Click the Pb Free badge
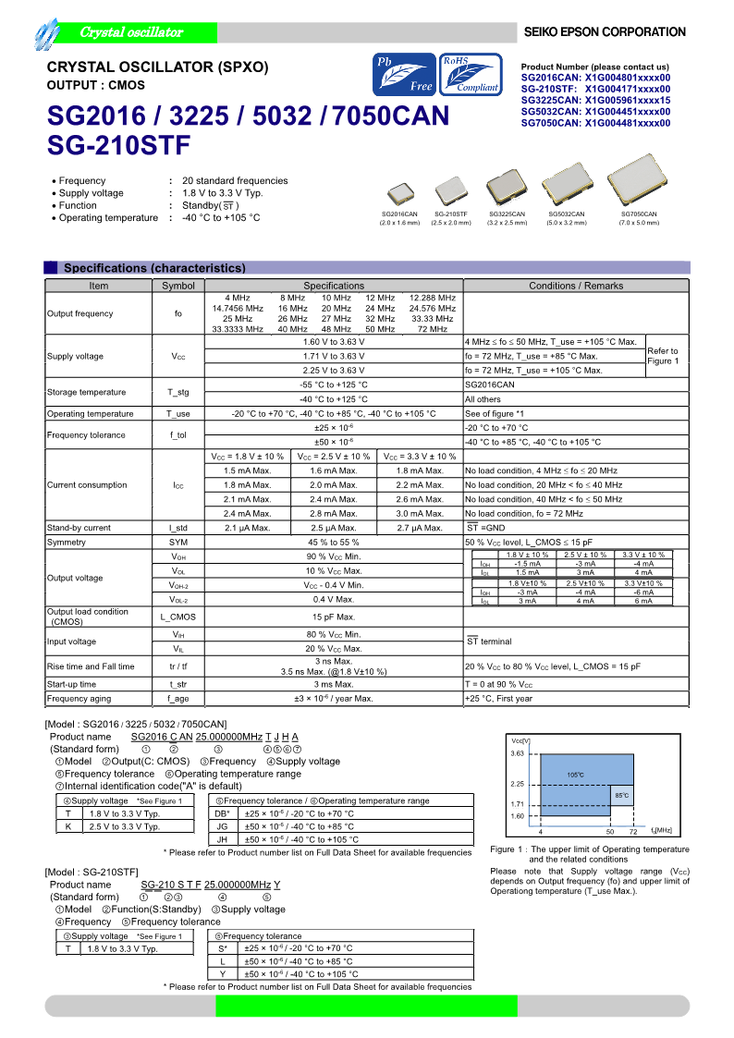point(402,75)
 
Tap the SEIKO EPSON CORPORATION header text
point(605,32)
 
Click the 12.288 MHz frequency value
point(433,298)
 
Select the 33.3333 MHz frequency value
point(238,328)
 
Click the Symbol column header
point(178,286)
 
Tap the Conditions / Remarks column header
point(576,286)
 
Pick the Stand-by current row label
point(79,528)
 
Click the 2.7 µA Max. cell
point(420,528)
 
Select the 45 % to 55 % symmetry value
point(334,542)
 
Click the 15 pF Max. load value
point(334,616)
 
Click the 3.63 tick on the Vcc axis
point(518,754)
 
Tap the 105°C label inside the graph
point(575,774)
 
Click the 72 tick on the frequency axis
point(633,832)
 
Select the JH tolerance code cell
point(222,839)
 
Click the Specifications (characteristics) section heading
point(153,268)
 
